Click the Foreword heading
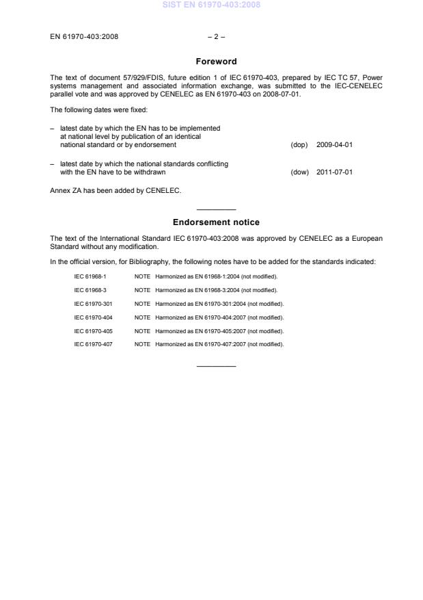216,62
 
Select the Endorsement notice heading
216,222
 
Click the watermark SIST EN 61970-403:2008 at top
211,5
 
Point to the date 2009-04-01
334,145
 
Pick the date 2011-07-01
334,172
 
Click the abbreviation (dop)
299,145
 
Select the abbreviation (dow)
299,172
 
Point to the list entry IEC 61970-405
93,330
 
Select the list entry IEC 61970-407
93,344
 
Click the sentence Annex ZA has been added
115,191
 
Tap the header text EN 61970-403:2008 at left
84,36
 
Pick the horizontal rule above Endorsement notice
216,209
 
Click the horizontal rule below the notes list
216,366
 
